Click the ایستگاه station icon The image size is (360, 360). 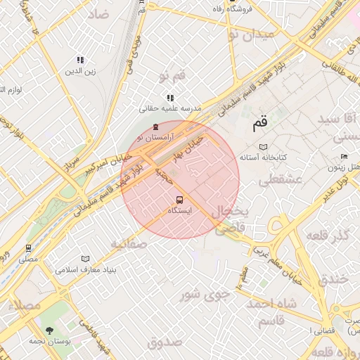(179, 200)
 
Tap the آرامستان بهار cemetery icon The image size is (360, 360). (155, 127)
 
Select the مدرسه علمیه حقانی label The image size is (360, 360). (170, 109)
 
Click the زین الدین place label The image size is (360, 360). (79, 71)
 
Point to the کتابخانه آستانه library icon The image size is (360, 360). (264, 147)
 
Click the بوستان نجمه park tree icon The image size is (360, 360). (49, 330)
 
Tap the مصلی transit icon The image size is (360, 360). (28, 247)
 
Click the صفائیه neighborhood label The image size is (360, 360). (128, 244)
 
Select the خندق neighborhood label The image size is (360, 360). (333, 279)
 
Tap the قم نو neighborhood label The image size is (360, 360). (172, 76)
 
